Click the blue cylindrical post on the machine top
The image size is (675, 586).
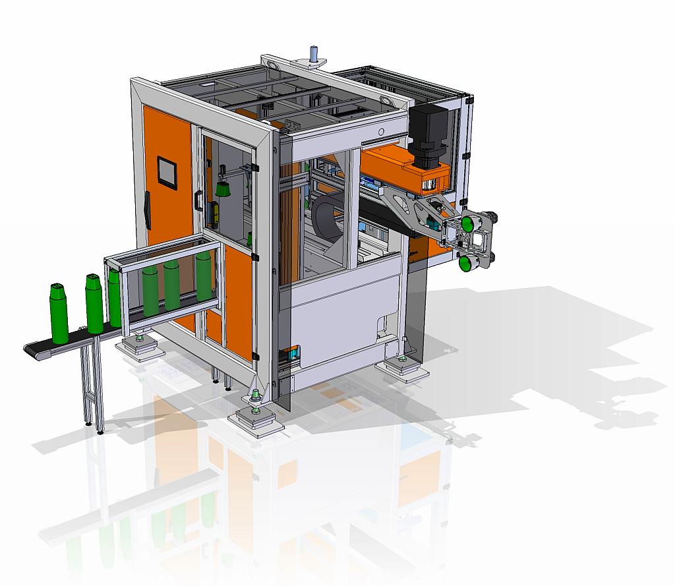pyautogui.click(x=314, y=54)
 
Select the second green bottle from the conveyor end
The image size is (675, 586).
pyautogui.click(x=94, y=304)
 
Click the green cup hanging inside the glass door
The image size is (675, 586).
pyautogui.click(x=223, y=189)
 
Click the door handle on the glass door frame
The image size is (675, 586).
pyautogui.click(x=196, y=200)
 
